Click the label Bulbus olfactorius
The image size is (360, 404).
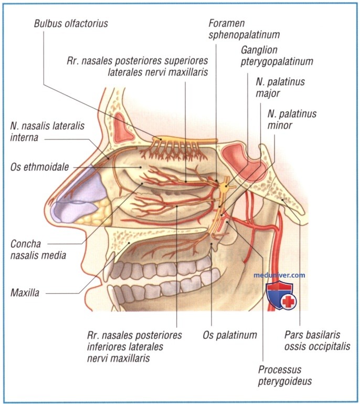pyautogui.click(x=71, y=24)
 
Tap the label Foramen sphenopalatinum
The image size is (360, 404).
pyautogui.click(x=244, y=29)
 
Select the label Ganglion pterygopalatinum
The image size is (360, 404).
pyautogui.click(x=277, y=56)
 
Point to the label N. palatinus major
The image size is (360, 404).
pyautogui.click(x=280, y=88)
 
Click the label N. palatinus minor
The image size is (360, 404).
pyautogui.click(x=292, y=119)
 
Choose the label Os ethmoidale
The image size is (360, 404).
pyautogui.click(x=40, y=167)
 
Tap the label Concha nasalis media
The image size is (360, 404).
pyautogui.click(x=38, y=250)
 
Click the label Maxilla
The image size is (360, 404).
pyautogui.click(x=25, y=293)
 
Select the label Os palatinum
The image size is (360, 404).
pyautogui.click(x=230, y=335)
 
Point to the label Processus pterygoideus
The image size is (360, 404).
pyautogui.click(x=285, y=376)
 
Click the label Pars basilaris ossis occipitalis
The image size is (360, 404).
pyautogui.click(x=317, y=340)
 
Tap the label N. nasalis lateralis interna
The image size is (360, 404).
pyautogui.click(x=47, y=132)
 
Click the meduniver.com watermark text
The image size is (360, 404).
pyautogui.click(x=279, y=275)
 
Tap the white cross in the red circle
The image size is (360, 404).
pyautogui.click(x=288, y=302)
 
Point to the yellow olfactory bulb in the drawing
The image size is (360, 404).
pyautogui.click(x=184, y=140)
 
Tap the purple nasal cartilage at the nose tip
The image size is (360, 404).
pyautogui.click(x=77, y=196)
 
